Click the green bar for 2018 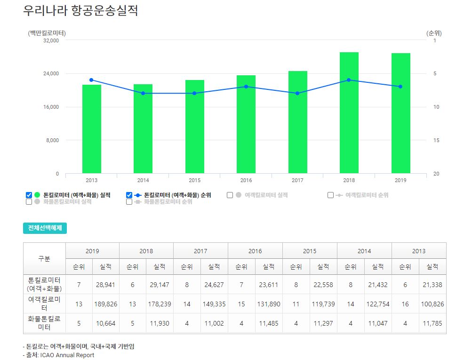[349, 112]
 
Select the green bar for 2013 [92, 129]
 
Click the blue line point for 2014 [143, 93]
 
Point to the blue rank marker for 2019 [400, 87]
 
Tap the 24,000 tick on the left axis [51, 73]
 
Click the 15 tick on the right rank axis [436, 140]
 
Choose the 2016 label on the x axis [246, 180]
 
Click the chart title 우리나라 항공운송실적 [80, 10]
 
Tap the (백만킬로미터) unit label [47, 33]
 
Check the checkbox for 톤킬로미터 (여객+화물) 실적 [29, 195]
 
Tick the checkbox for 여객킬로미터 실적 [230, 195]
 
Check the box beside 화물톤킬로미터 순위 [129, 202]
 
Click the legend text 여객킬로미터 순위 [367, 195]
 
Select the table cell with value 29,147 [160, 285]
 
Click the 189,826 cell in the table [105, 304]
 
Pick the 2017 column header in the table [200, 251]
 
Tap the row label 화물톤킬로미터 [44, 323]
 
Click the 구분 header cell [44, 258]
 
